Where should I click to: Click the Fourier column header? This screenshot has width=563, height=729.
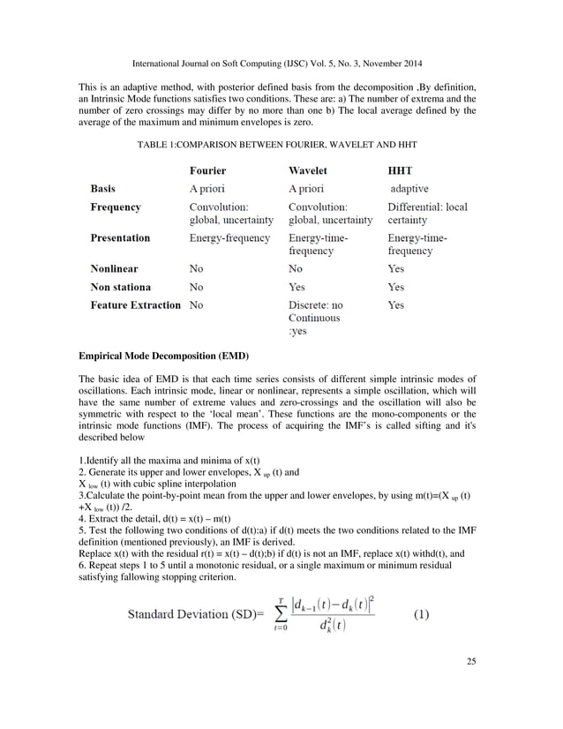(208, 170)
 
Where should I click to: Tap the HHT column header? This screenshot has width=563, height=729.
(403, 170)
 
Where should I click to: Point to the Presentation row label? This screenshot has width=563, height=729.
(120, 237)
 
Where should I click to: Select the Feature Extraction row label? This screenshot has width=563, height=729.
(136, 304)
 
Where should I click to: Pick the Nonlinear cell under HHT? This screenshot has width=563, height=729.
(396, 267)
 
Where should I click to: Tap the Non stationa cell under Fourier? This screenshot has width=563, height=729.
(196, 287)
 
